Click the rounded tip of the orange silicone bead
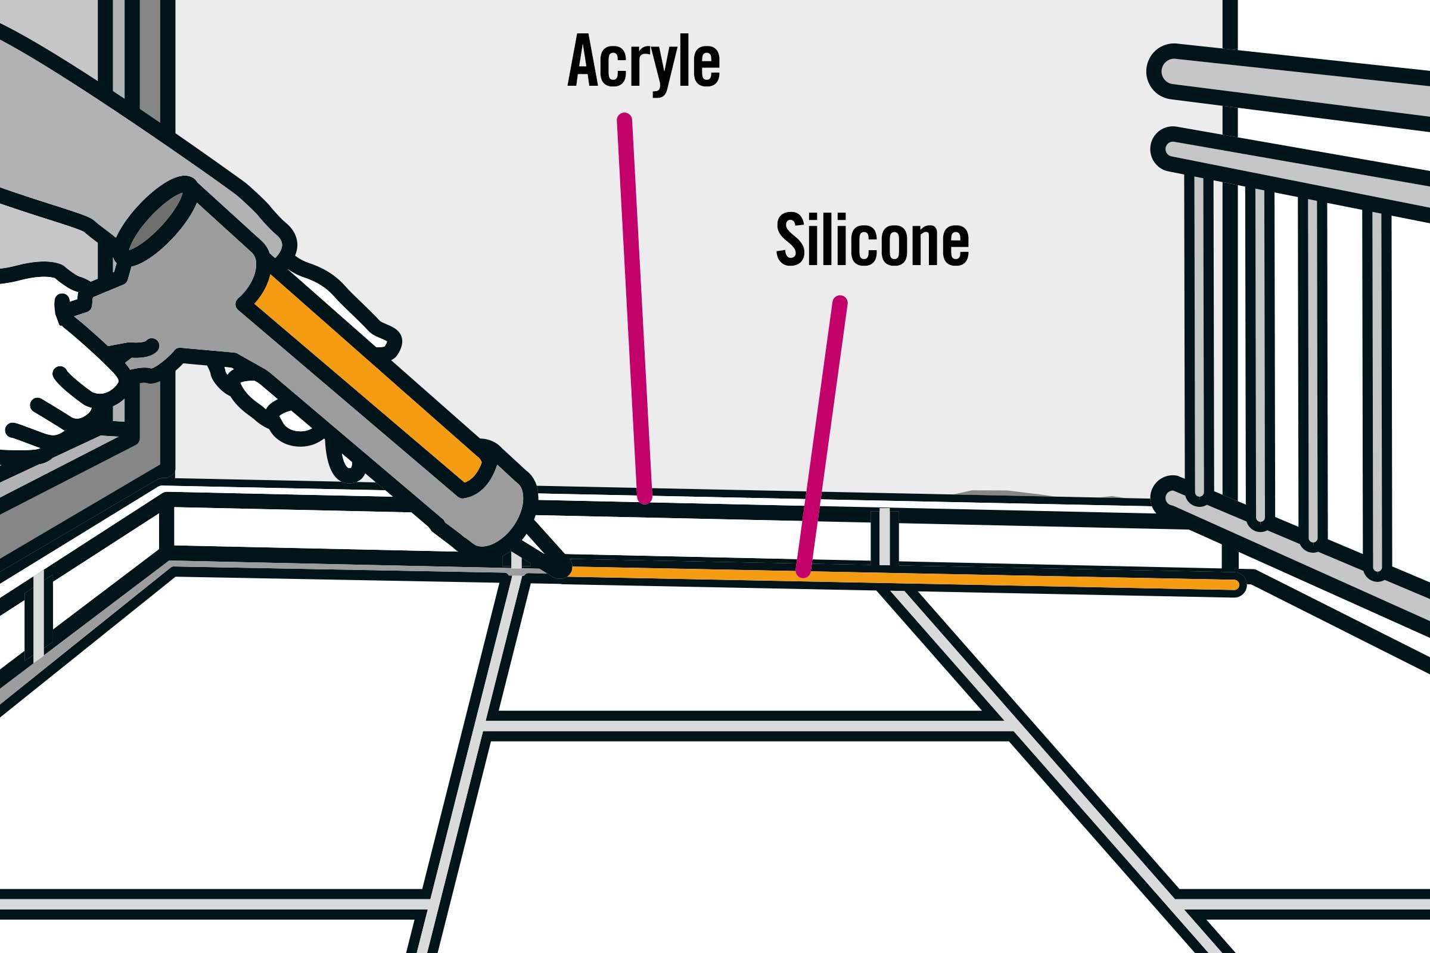[1233, 585]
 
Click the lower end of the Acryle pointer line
[645, 497]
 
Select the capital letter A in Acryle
[583, 60]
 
